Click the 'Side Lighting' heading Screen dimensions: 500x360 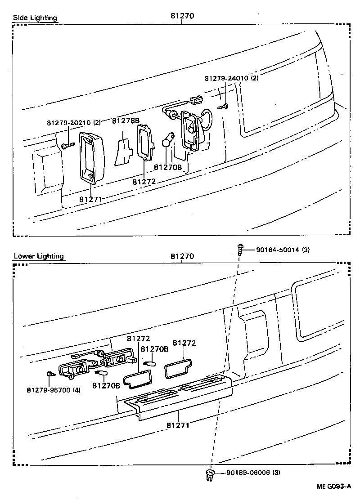point(35,18)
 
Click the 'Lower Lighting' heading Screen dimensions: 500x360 point(38,256)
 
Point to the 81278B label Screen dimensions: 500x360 point(126,120)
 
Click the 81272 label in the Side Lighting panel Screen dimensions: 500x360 point(144,181)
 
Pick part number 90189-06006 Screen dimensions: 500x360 point(247,473)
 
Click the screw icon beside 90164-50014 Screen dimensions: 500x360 point(241,249)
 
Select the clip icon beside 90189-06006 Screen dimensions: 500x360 point(210,473)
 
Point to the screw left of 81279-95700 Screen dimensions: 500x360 point(49,374)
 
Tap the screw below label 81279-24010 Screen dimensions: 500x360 point(224,107)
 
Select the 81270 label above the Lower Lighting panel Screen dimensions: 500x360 point(182,256)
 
